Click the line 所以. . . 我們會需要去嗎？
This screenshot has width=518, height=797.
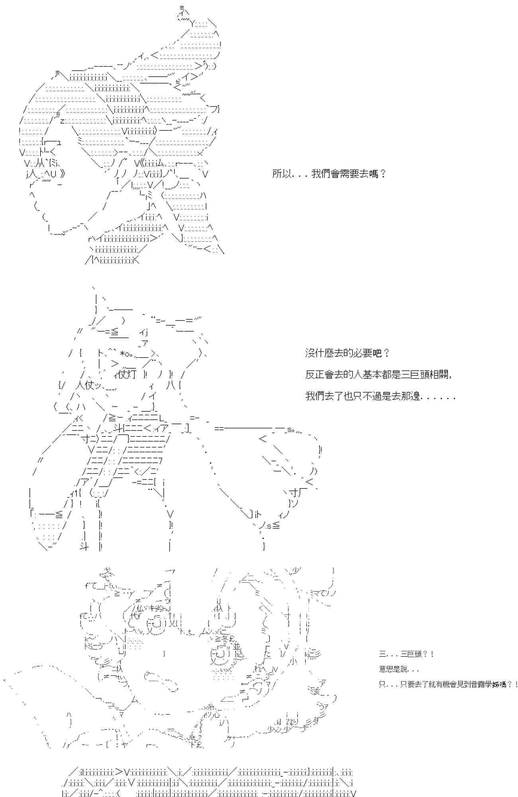(329, 174)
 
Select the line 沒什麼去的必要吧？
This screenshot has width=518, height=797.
(347, 353)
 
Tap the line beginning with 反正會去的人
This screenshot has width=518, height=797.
(379, 375)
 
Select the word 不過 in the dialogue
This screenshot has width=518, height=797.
(372, 397)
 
